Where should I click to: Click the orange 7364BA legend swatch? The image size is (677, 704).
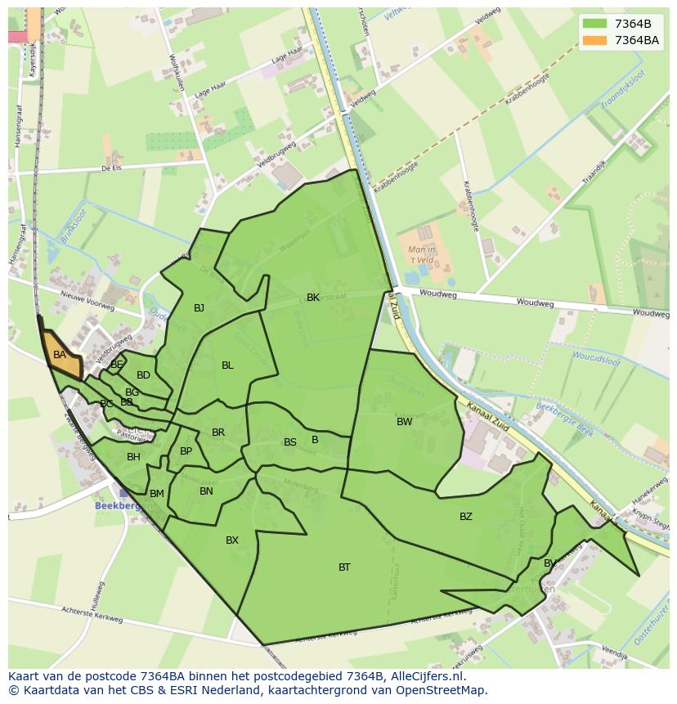point(594,40)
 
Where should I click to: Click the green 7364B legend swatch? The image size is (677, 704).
point(594,23)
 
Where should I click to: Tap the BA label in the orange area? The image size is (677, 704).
point(60,355)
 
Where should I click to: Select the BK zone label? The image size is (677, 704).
point(313,298)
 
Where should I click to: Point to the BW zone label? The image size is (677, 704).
point(404,422)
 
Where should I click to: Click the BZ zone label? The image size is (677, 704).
point(466,516)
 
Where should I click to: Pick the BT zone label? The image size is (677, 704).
point(344,567)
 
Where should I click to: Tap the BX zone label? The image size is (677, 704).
point(232,540)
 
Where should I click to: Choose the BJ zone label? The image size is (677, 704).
point(199,308)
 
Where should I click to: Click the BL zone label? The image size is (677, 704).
point(227,365)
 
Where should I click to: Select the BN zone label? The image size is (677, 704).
point(206,491)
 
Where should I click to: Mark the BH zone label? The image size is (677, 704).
point(133,457)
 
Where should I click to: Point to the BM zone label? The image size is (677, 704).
point(157,493)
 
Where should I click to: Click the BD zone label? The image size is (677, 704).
point(143,375)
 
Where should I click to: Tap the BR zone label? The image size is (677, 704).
point(218,433)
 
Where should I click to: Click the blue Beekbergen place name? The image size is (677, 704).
point(119,505)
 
